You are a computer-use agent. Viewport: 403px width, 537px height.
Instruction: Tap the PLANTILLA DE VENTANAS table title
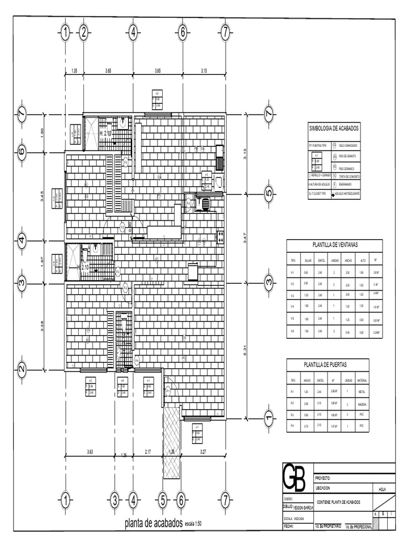335,244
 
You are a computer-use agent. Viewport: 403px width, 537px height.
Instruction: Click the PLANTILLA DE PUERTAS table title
326,364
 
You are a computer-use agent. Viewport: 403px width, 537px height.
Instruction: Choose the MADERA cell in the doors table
362,404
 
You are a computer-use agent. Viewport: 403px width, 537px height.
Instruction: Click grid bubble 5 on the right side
269,194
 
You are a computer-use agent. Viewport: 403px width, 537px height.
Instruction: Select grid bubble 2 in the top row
83,33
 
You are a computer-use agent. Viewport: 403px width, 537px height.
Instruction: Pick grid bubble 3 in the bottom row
114,501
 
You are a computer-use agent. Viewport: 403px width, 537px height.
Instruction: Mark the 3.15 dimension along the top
204,70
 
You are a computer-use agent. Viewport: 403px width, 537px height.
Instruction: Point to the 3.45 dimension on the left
43,197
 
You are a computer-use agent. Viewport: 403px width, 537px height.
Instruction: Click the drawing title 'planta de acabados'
153,523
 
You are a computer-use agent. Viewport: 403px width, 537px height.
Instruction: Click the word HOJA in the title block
382,489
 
